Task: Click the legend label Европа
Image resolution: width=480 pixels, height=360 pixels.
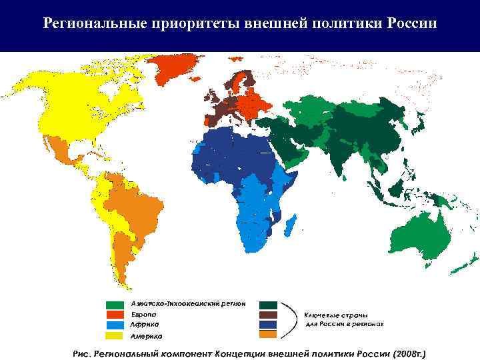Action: (x=143, y=313)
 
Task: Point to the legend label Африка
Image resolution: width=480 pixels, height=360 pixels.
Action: (x=144, y=324)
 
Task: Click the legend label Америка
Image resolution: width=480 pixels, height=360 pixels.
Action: (x=146, y=335)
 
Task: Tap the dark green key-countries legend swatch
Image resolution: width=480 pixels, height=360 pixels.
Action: (x=269, y=304)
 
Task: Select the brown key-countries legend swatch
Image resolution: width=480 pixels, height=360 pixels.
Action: (x=269, y=314)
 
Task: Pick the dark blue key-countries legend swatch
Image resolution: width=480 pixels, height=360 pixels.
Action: (x=269, y=325)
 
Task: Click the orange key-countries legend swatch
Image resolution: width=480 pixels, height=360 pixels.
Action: (x=269, y=335)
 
